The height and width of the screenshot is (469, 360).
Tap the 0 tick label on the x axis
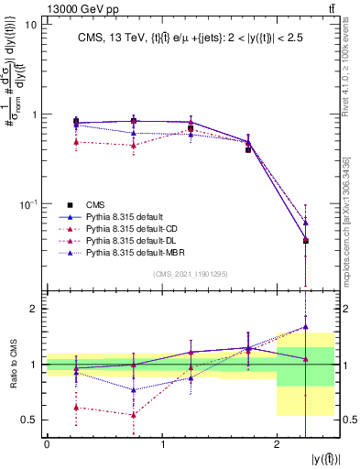tap(47, 442)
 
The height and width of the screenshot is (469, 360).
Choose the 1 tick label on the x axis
tap(162, 442)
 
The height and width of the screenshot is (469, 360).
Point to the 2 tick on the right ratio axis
tap(344, 310)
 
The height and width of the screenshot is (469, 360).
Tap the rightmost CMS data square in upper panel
tap(305, 241)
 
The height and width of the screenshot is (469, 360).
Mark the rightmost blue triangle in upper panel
tap(305, 223)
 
